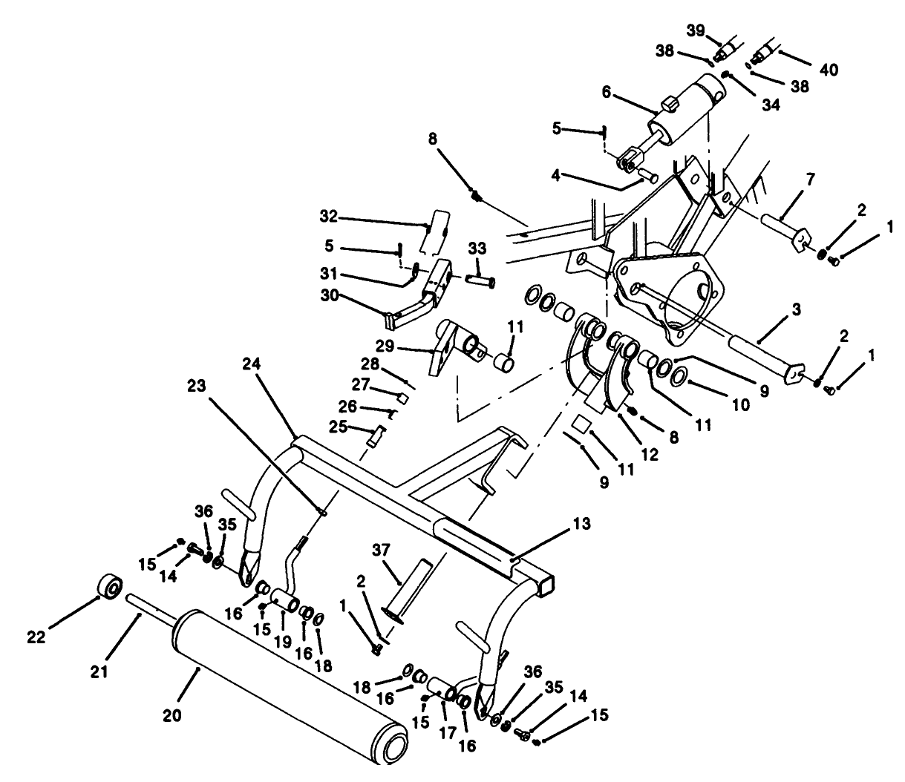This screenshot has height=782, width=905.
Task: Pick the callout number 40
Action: pyautogui.click(x=829, y=70)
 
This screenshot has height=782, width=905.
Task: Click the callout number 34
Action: pyautogui.click(x=771, y=105)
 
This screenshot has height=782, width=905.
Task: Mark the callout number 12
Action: pyautogui.click(x=650, y=454)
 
